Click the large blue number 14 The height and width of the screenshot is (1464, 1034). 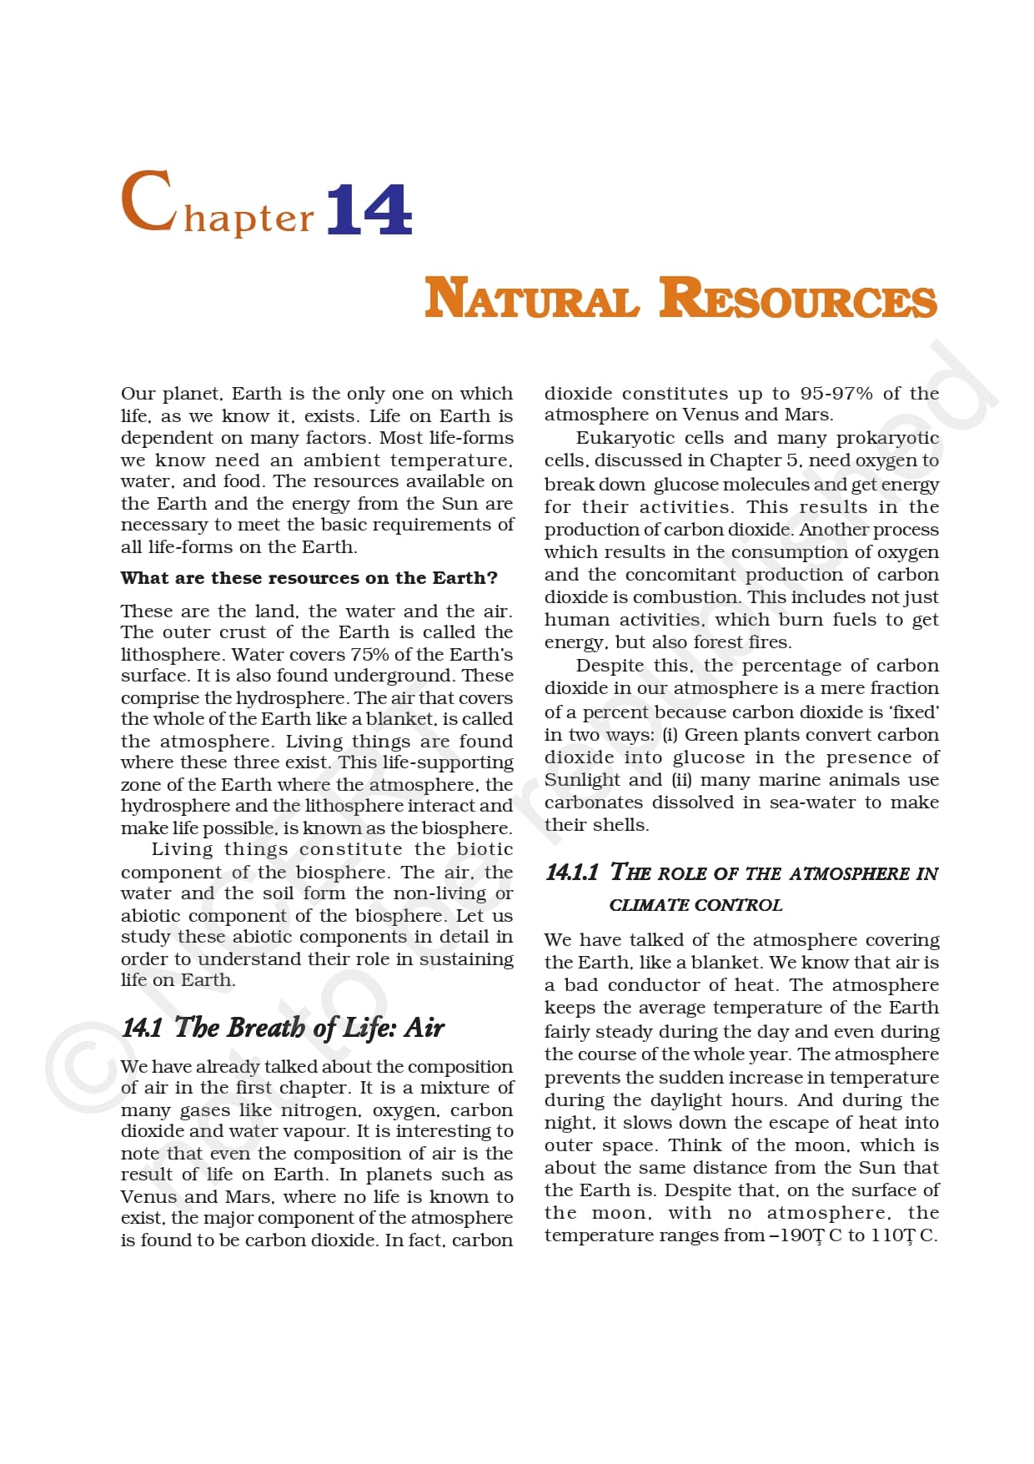point(369,209)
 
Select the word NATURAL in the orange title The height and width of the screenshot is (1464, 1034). point(531,299)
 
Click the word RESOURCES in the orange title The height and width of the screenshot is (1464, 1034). point(798,299)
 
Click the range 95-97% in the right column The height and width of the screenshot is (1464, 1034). point(836,393)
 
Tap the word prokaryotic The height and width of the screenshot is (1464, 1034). point(887,438)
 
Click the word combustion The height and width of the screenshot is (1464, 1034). point(685,597)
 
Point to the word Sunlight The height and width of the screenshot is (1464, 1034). point(580,780)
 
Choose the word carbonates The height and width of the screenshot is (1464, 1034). point(593,802)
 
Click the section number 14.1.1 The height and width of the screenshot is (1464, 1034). point(571,873)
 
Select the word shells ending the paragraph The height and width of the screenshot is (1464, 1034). point(623,825)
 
